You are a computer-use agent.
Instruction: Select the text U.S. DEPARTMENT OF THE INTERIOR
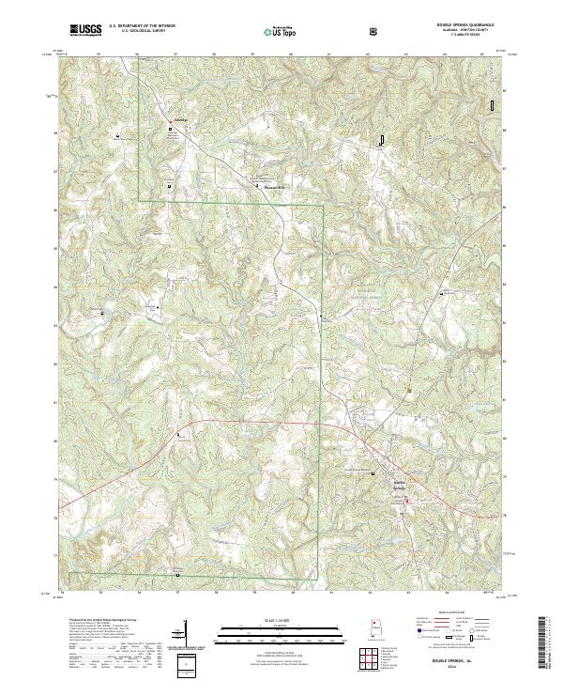point(142,26)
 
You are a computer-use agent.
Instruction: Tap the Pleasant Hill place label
point(269,186)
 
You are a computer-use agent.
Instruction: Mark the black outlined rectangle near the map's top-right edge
point(491,105)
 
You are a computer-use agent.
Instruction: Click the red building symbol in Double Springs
point(406,501)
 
